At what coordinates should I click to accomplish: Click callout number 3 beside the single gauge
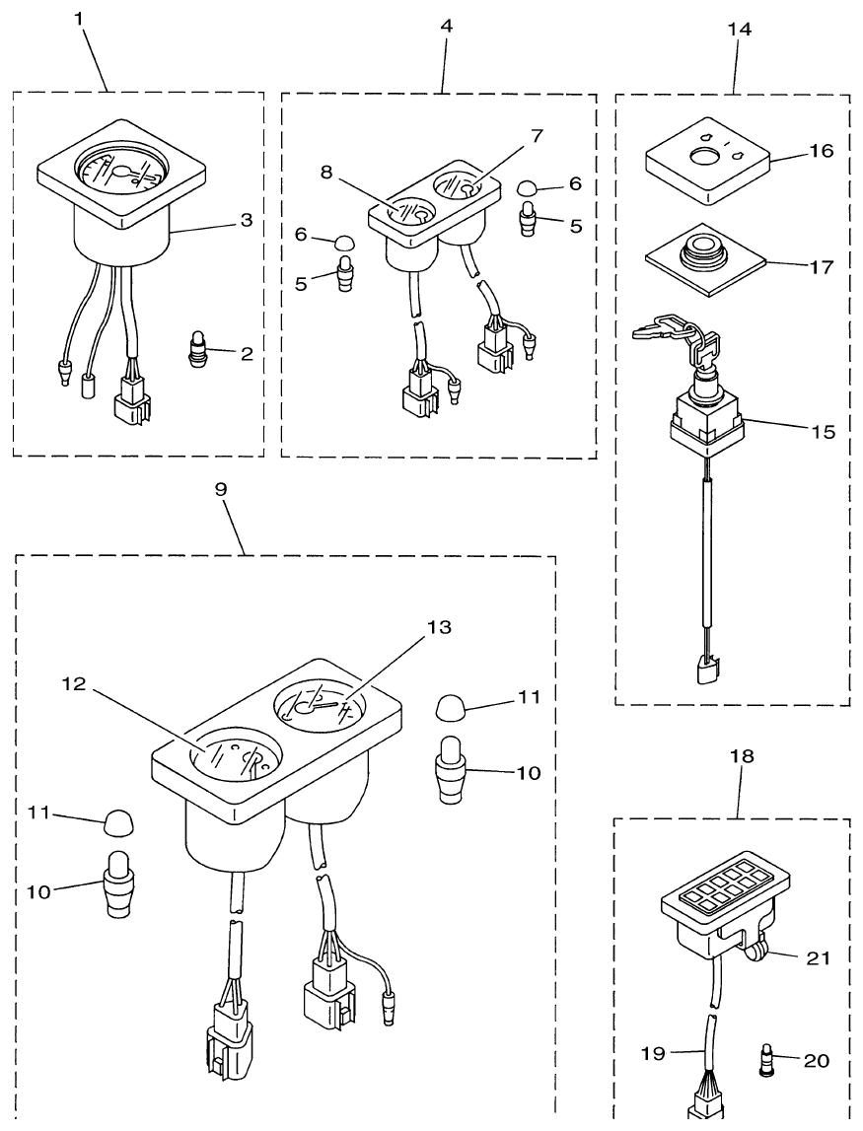tap(246, 220)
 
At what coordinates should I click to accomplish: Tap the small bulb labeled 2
tap(197, 349)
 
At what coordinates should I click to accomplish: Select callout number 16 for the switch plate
tap(821, 151)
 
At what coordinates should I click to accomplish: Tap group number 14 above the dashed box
tap(738, 29)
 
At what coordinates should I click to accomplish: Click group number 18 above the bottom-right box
tap(741, 756)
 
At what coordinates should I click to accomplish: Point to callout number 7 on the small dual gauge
tap(536, 134)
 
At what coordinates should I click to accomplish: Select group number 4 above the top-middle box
tap(446, 27)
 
